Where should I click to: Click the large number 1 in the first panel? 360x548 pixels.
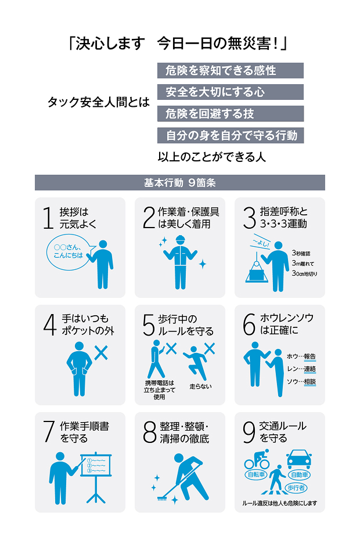pos(48,218)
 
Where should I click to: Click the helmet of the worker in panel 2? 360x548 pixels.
pos(180,239)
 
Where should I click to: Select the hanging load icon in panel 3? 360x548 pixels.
pos(257,271)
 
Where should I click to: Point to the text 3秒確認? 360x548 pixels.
pos(301,253)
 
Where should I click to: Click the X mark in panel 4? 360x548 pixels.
pos(101,352)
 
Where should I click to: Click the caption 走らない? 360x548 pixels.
pos(200,387)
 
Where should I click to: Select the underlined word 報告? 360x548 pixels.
pos(309,356)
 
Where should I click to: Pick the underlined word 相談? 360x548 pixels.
pos(309,381)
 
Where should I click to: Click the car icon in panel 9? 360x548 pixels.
pos(299,459)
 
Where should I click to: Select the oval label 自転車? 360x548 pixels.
pos(256,475)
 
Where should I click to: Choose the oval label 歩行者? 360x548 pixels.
pos(296,488)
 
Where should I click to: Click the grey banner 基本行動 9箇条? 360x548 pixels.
pos(179,182)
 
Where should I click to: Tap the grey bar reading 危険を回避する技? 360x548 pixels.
pos(231,114)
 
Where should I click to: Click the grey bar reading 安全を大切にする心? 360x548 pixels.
pos(231,92)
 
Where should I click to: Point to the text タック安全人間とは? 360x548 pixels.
pos(99,102)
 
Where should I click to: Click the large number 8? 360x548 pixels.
pos(150,432)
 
